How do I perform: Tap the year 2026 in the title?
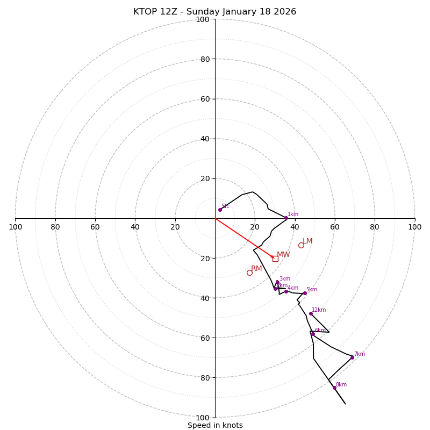tap(284, 12)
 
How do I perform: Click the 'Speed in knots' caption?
tap(215, 425)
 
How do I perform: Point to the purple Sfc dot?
tap(220, 210)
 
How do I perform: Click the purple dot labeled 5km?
tap(305, 293)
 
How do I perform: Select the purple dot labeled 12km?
tap(311, 313)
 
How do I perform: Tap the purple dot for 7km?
tap(352, 357)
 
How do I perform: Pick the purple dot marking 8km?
tap(334, 388)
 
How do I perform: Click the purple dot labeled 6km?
tap(313, 334)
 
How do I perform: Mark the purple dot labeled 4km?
tap(286, 291)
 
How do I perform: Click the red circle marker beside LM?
tap(301, 245)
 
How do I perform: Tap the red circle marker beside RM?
tap(249, 273)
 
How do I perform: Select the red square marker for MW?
tap(275, 259)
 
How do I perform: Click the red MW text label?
tap(283, 254)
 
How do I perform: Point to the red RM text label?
tap(256, 268)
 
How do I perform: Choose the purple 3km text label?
tap(284, 278)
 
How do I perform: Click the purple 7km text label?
tap(359, 354)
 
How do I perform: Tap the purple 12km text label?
tap(319, 310)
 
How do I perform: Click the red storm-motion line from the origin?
tap(242, 236)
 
